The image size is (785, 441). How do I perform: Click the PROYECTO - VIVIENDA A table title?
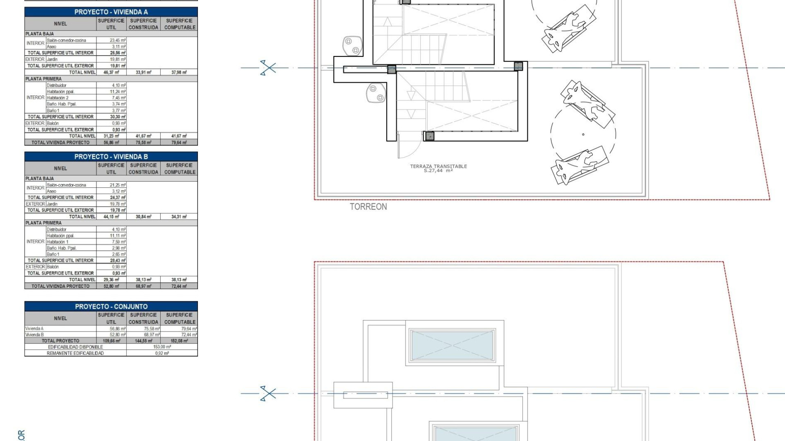[111, 12]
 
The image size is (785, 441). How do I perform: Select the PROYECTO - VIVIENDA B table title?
[111, 157]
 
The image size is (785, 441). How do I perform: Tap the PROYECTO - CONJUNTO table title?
[111, 307]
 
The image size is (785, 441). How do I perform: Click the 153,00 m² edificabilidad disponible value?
[162, 347]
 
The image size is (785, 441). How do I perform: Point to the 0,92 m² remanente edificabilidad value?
[162, 353]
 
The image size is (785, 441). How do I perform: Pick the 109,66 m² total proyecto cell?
[112, 341]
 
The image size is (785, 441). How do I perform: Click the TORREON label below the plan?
[368, 207]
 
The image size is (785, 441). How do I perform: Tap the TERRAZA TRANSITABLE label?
[438, 167]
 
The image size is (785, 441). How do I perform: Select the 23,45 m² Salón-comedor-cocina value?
[117, 40]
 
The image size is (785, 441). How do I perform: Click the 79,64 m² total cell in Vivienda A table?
[179, 143]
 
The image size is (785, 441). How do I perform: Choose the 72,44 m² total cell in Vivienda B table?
[179, 286]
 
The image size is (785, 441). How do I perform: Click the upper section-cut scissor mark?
[268, 68]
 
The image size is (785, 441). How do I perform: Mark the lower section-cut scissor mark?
[268, 394]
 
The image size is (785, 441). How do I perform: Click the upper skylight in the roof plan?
[452, 345]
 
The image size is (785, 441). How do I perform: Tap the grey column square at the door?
[429, 136]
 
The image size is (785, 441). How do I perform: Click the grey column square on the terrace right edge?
[518, 66]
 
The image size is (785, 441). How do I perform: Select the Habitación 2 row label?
[57, 98]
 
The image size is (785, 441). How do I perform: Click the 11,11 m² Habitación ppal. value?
[117, 236]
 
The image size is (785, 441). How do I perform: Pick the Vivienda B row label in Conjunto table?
[35, 334]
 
